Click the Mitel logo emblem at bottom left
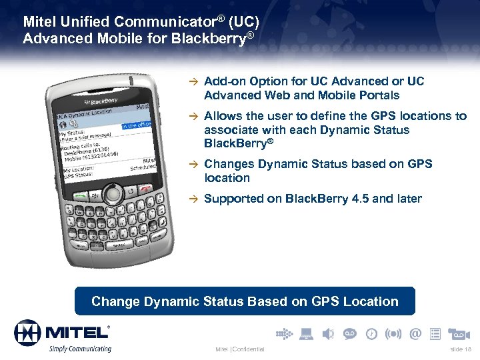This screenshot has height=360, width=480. coord(27,332)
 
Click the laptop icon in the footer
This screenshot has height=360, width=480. coord(307,333)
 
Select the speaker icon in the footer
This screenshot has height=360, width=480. coord(328,333)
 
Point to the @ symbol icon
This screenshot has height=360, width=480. coord(416,333)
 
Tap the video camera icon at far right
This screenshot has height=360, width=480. coord(460,333)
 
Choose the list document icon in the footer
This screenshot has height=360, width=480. coord(435,333)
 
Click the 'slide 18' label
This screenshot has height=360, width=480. coord(459,349)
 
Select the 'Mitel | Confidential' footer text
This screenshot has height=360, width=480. coord(239,349)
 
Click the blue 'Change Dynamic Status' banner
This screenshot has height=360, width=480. coord(245,301)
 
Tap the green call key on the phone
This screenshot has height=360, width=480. coord(80,195)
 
